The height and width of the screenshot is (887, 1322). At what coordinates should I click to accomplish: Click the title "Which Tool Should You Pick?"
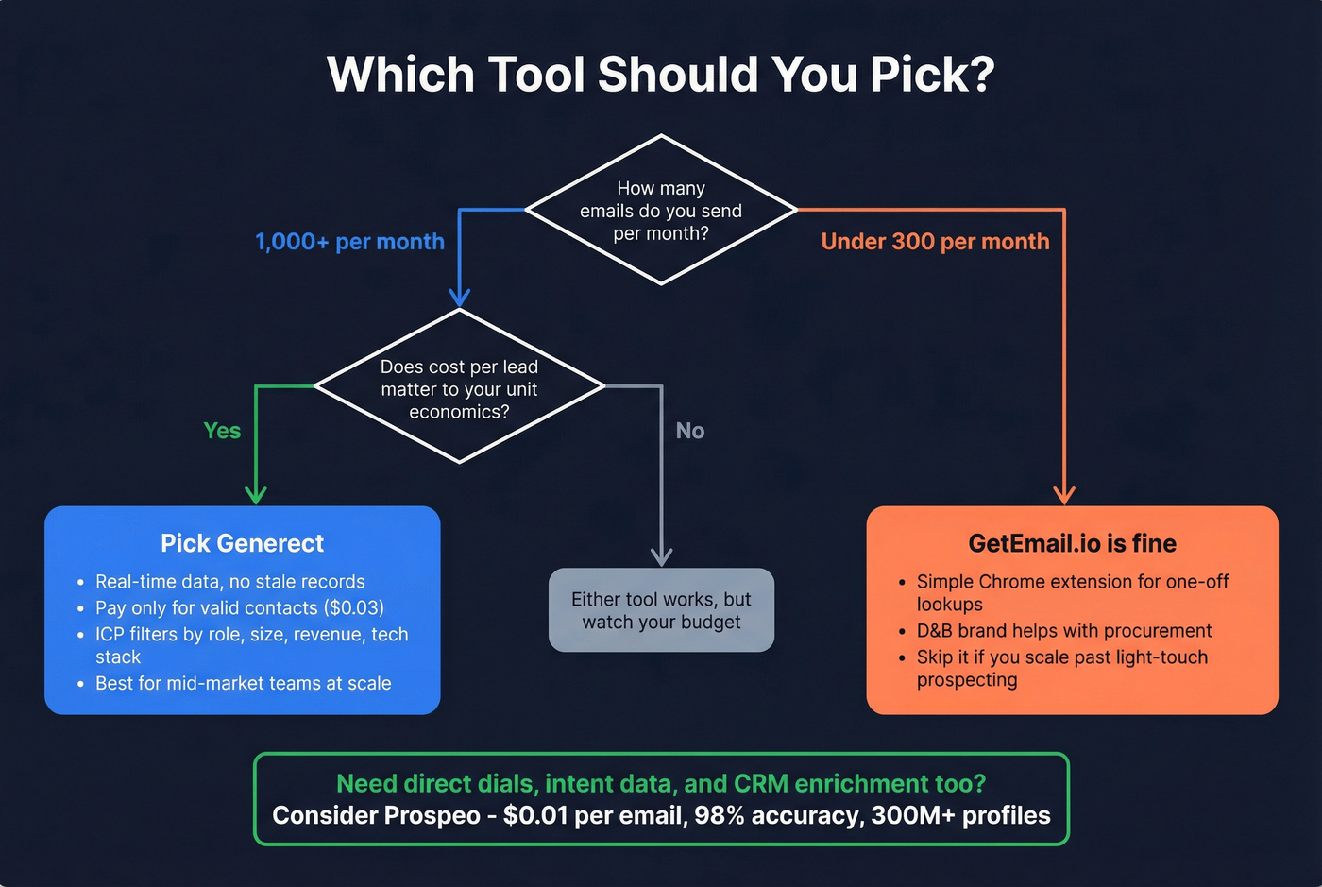[660, 75]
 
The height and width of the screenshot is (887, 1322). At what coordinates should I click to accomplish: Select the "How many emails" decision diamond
[661, 210]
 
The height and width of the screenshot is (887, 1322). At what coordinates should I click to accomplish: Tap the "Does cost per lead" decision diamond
[459, 388]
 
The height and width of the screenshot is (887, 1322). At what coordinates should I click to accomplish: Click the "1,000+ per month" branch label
[349, 242]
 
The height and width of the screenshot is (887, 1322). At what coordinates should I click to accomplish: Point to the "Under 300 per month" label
[935, 242]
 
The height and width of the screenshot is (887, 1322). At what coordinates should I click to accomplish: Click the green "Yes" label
[222, 431]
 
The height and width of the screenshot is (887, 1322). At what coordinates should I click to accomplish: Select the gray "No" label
[690, 431]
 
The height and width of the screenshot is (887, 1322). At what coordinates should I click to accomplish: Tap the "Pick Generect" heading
[242, 543]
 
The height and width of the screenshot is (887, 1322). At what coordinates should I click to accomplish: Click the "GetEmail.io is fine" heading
[1072, 543]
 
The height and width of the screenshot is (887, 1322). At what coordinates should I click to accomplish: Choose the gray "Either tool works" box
[661, 610]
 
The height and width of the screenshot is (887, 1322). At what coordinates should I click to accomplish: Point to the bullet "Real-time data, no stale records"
[229, 582]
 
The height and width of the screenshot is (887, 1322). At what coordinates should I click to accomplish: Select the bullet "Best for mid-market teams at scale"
[243, 683]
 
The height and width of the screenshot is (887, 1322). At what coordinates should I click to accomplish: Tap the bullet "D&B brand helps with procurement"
[1063, 631]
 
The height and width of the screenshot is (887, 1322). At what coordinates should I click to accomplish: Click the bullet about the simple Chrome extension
[1072, 592]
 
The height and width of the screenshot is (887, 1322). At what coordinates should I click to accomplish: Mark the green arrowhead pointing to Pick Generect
[256, 495]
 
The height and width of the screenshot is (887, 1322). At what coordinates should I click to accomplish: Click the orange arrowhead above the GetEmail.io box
[1064, 495]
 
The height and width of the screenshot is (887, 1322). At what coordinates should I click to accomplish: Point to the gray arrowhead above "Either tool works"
[662, 556]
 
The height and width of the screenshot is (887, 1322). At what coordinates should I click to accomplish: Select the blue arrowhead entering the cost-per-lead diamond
[460, 298]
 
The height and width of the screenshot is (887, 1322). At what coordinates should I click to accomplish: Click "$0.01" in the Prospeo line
[534, 815]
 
